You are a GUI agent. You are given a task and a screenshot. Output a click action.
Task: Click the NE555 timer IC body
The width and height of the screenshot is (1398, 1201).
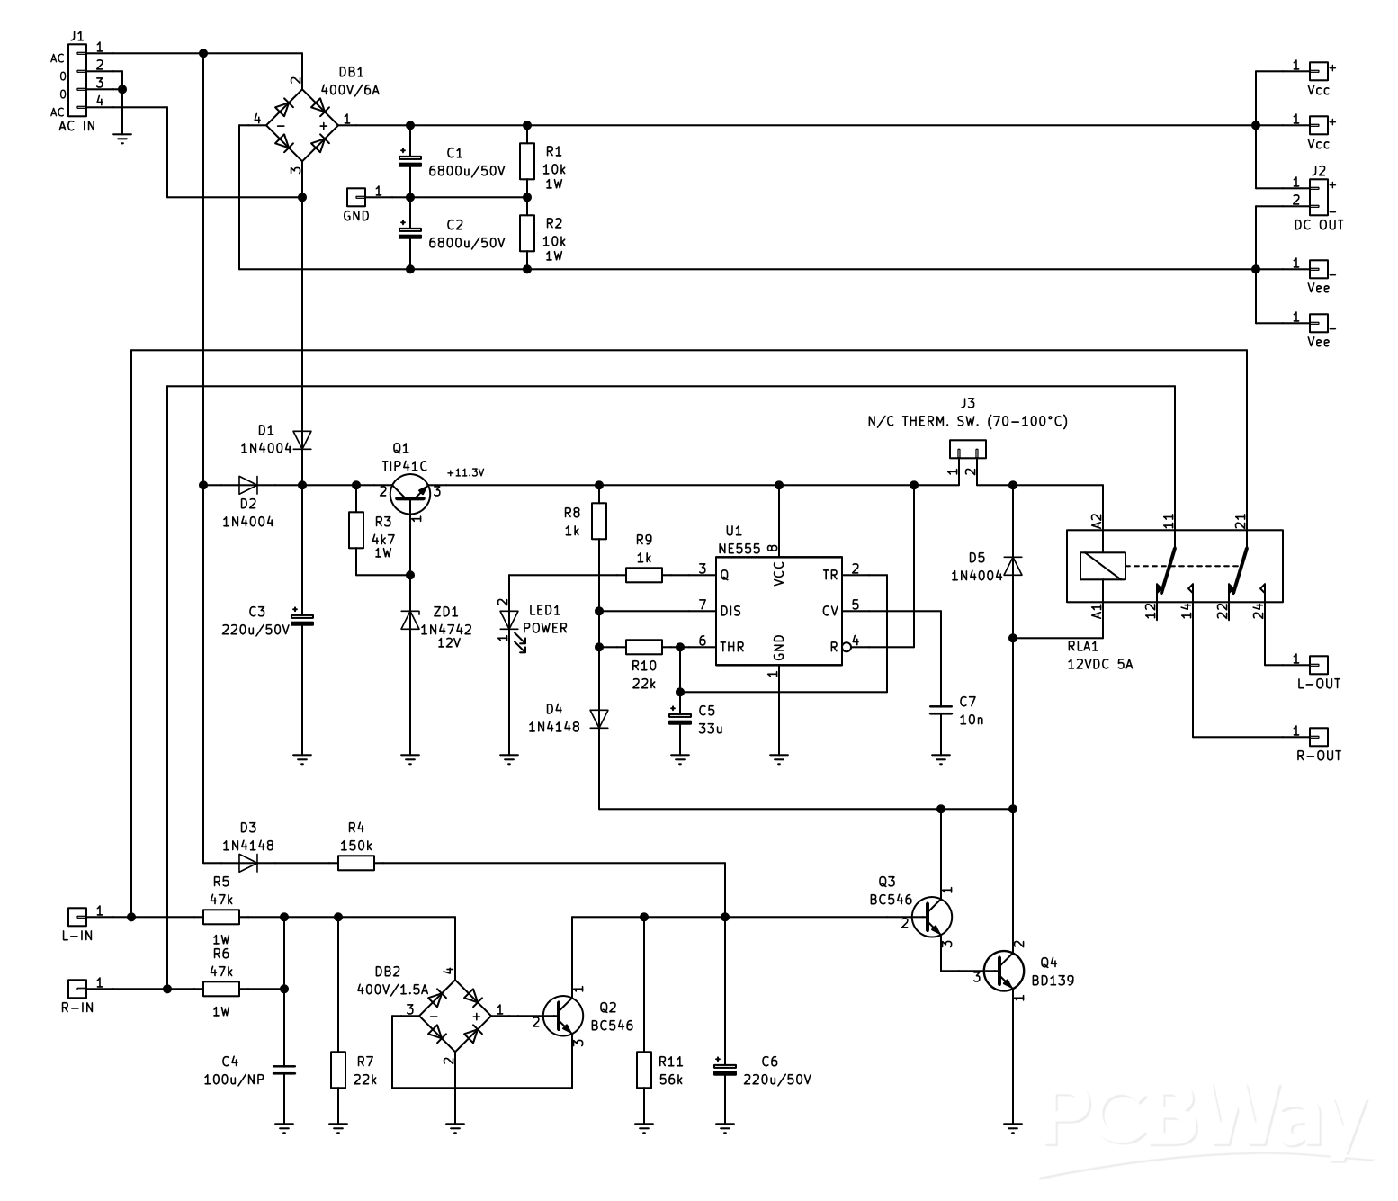pyautogui.click(x=778, y=611)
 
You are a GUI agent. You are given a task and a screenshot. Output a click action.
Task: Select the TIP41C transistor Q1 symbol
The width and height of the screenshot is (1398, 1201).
pyautogui.click(x=411, y=492)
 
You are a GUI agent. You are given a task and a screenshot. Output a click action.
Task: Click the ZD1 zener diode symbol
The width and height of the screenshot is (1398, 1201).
pyautogui.click(x=410, y=619)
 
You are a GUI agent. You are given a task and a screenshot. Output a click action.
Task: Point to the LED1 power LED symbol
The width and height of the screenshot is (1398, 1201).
pyautogui.click(x=509, y=620)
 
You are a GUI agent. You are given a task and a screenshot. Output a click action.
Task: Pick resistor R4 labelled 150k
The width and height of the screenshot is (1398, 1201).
pyautogui.click(x=356, y=864)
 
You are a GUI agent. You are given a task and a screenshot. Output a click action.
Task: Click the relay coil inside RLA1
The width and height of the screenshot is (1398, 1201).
pyautogui.click(x=1102, y=566)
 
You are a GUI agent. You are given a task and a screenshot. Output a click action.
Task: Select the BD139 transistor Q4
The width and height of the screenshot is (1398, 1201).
pyautogui.click(x=1003, y=971)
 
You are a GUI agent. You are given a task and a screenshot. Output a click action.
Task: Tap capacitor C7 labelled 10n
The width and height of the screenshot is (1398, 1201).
pyautogui.click(x=941, y=710)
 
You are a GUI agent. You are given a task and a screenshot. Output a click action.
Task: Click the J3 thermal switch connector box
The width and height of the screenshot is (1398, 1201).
pyautogui.click(x=968, y=448)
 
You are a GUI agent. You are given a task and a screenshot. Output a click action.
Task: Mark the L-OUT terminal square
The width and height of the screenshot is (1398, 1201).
pyautogui.click(x=1318, y=665)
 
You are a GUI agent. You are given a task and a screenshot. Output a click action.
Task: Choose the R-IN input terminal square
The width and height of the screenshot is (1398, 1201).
pyautogui.click(x=78, y=989)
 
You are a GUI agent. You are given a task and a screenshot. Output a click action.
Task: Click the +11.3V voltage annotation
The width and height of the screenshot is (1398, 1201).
pyautogui.click(x=465, y=472)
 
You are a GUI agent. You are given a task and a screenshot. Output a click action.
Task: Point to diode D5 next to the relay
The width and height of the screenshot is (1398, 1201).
pyautogui.click(x=1013, y=566)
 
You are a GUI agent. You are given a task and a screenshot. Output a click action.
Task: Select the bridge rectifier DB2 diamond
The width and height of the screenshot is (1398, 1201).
pyautogui.click(x=455, y=1016)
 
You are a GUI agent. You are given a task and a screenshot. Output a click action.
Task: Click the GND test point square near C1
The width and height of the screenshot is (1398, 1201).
pyautogui.click(x=356, y=197)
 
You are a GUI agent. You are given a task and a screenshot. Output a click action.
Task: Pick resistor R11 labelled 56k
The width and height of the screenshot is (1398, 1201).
pyautogui.click(x=644, y=1070)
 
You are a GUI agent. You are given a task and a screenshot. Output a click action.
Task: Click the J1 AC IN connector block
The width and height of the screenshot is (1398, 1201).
pyautogui.click(x=79, y=81)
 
